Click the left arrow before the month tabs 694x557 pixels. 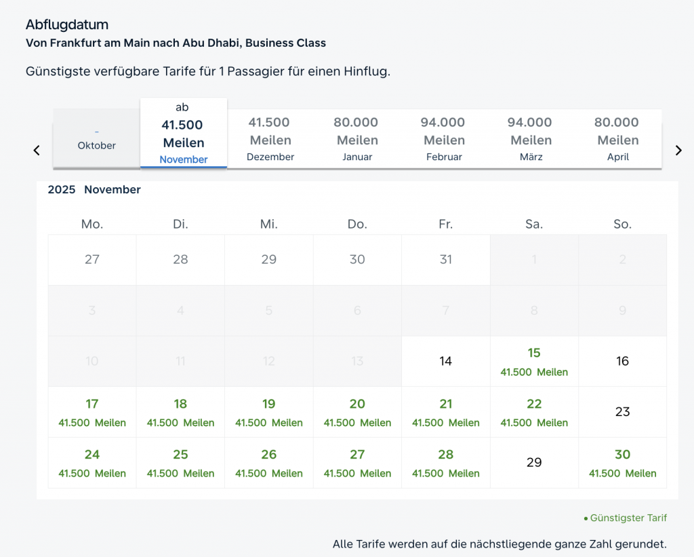point(37,151)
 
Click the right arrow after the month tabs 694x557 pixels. point(678,151)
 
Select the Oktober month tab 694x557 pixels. point(96,140)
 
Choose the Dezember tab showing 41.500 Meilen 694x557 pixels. point(270,139)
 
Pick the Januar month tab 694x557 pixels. point(356,139)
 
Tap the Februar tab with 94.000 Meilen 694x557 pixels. point(444,139)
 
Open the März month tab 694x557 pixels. point(531,139)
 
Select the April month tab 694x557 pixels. point(617,139)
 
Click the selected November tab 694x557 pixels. point(184,134)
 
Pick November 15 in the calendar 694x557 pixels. point(534,362)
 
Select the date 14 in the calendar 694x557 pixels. point(445,362)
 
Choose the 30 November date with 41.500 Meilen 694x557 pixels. point(622,463)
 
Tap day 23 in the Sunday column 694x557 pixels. point(622,412)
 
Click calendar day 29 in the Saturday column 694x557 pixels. point(534,463)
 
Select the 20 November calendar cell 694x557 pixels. point(357,412)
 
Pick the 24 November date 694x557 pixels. point(92,463)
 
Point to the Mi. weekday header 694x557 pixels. point(269,224)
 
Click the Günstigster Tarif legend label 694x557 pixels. point(628,518)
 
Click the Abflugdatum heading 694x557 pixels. point(67,25)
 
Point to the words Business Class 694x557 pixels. point(285,43)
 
